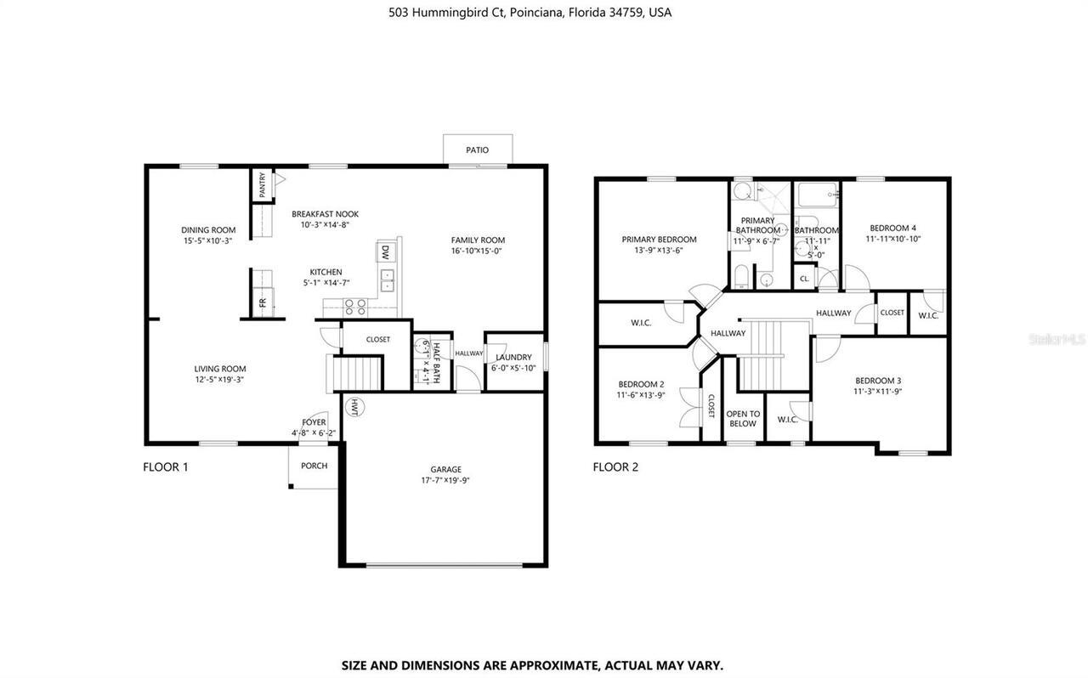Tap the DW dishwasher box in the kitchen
[385, 251]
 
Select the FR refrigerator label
[263, 302]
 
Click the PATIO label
[477, 150]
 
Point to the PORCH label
[314, 466]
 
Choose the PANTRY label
[263, 185]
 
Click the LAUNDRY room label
[513, 357]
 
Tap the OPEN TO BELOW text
[743, 419]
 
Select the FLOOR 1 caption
[166, 466]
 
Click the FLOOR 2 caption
[615, 466]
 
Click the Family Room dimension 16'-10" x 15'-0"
[477, 251]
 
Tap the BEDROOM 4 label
[892, 228]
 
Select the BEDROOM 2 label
[641, 384]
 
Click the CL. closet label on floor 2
[804, 278]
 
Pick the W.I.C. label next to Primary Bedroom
[641, 323]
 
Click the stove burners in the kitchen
[354, 305]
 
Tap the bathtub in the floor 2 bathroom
[817, 196]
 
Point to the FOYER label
[314, 422]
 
